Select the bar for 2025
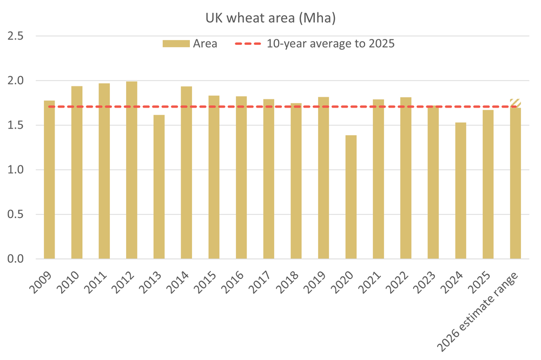pos(488,184)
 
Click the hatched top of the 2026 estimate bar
pos(516,103)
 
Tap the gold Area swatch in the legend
pos(176,44)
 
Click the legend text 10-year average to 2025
pos(330,44)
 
